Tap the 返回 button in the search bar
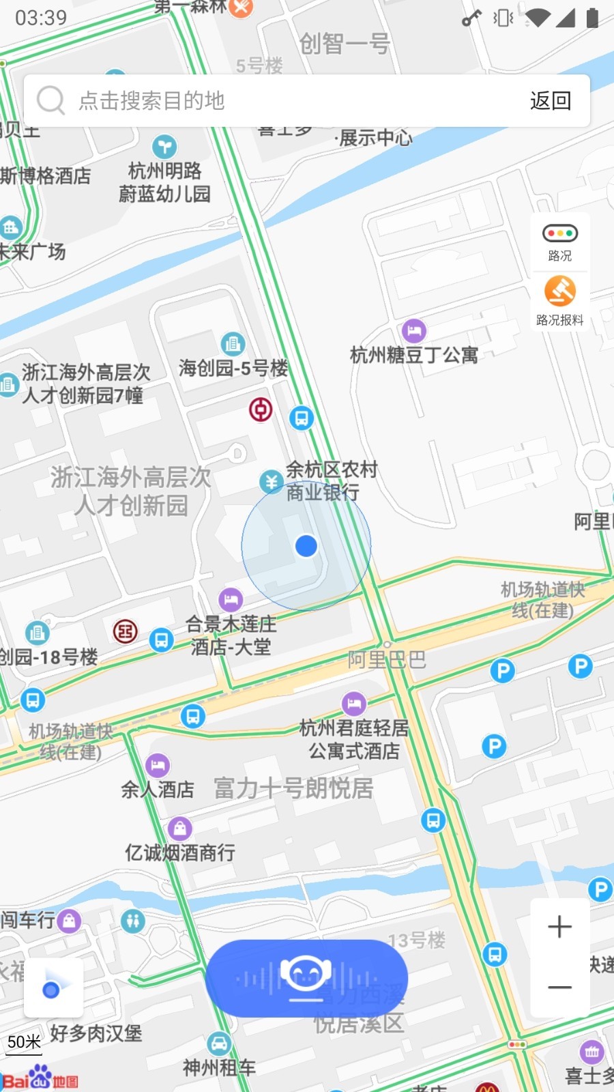550,101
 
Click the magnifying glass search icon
50,100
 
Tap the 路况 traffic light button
559,242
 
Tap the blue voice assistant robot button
306,978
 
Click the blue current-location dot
306,546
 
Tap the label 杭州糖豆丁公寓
413,355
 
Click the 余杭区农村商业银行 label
331,480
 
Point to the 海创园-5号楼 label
233,369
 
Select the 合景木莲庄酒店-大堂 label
231,635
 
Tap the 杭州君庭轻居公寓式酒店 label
354,739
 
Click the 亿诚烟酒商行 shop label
180,852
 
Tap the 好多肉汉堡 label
96,1033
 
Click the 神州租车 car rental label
219,1067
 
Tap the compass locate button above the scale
53,988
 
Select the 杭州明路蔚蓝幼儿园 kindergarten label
164,182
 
